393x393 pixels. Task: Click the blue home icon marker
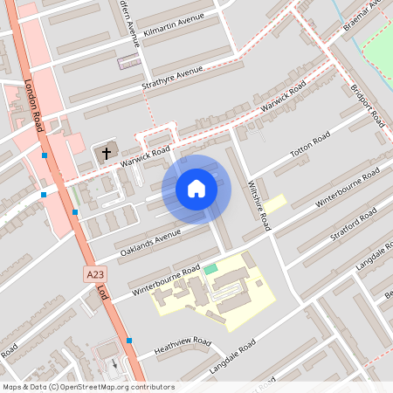tap(196, 189)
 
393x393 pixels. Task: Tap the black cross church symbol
tap(107, 153)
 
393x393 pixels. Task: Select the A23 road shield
tap(95, 274)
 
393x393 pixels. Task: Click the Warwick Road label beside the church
tap(144, 157)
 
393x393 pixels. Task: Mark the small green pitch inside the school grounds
tap(210, 269)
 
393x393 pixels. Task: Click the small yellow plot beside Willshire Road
tap(275, 203)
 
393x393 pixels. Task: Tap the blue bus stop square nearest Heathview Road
tap(129, 341)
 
